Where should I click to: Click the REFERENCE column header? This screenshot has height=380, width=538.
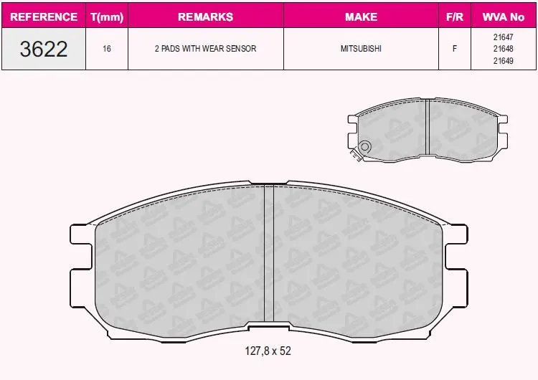pyautogui.click(x=44, y=16)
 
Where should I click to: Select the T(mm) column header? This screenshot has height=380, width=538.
pyautogui.click(x=107, y=16)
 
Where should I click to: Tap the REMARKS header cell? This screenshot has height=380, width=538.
pyautogui.click(x=206, y=16)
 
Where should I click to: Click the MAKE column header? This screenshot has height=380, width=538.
pyautogui.click(x=361, y=16)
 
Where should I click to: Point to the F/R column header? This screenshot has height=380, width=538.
pyautogui.click(x=455, y=16)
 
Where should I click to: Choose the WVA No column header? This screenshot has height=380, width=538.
pyautogui.click(x=504, y=16)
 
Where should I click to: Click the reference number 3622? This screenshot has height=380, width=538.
pyautogui.click(x=44, y=49)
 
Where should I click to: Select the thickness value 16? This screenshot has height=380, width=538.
pyautogui.click(x=107, y=49)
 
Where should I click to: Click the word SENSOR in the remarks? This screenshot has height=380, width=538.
pyautogui.click(x=240, y=49)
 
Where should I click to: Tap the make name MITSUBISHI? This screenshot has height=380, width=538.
pyautogui.click(x=361, y=49)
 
